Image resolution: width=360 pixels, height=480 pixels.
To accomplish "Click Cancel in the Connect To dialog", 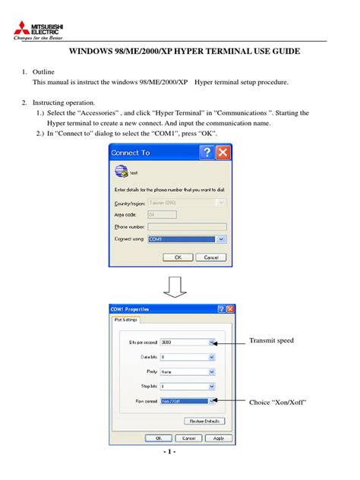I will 210,257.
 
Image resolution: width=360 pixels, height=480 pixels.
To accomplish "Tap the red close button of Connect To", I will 223,153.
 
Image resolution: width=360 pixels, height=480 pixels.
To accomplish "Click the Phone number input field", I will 187,226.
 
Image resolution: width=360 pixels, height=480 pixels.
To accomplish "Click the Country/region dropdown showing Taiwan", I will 187,203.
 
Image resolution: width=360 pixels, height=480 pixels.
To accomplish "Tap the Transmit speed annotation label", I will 271,341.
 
